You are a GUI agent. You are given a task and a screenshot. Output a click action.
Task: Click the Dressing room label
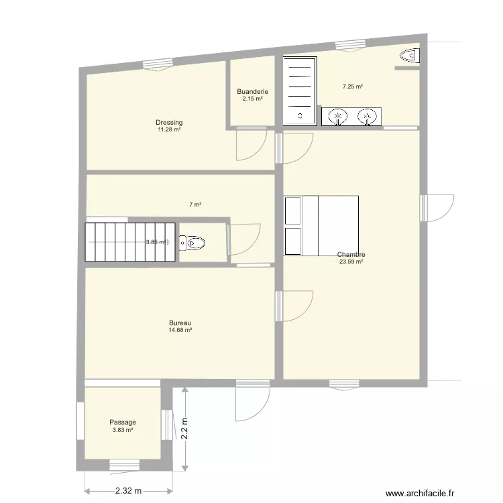(169, 122)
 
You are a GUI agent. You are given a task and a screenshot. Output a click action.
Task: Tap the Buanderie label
(252, 91)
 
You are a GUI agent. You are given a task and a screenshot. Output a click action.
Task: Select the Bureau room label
(180, 323)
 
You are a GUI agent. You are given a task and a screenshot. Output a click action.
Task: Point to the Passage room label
(123, 422)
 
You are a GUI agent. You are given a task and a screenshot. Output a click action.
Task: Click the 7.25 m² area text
(353, 87)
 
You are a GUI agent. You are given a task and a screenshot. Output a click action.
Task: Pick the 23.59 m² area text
(351, 262)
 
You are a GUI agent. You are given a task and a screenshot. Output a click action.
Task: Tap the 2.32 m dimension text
(128, 491)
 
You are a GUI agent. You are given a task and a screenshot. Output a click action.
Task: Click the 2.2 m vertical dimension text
(184, 429)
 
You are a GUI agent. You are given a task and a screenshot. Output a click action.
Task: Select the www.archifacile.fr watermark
(420, 493)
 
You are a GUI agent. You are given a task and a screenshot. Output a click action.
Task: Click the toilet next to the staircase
(192, 243)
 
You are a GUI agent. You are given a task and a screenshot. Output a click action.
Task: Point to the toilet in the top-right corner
(410, 56)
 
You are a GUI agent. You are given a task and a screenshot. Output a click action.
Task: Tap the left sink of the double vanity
(337, 117)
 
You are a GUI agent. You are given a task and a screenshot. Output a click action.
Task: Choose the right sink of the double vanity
(368, 117)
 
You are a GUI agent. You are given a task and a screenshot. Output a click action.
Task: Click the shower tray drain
(300, 116)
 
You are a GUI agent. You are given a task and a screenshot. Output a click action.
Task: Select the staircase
(130, 242)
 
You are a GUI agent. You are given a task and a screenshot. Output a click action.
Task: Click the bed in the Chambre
(321, 225)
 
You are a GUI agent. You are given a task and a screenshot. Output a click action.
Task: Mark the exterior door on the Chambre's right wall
(437, 208)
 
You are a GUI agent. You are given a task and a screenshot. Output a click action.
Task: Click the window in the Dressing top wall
(158, 64)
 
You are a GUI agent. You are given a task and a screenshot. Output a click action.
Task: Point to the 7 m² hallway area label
(195, 205)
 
